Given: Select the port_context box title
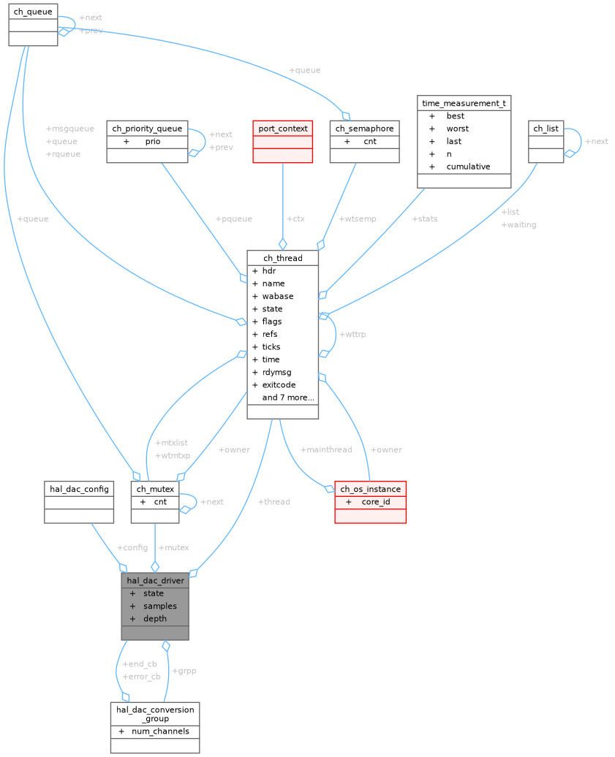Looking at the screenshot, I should click(x=282, y=129).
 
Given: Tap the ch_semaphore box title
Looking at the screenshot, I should click(x=364, y=129).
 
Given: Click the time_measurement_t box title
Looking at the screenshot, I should click(x=464, y=103).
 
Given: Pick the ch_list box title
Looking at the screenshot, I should click(x=546, y=129).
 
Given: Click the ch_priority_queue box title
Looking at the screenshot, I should click(x=147, y=129).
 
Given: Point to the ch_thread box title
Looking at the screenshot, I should click(x=282, y=258).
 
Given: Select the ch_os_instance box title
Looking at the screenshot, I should click(x=370, y=489).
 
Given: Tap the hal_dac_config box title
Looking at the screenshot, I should click(x=79, y=489).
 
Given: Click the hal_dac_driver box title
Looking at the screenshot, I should click(x=155, y=581).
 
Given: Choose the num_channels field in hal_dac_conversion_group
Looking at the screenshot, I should click(x=160, y=731).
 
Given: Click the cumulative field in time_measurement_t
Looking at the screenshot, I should click(x=468, y=167).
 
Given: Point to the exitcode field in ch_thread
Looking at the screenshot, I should click(x=279, y=385).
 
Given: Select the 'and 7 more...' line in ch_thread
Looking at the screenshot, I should click(x=288, y=397).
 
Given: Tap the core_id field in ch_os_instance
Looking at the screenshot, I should click(x=376, y=502).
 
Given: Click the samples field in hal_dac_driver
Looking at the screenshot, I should click(x=159, y=606).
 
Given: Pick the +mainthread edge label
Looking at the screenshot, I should click(x=326, y=450).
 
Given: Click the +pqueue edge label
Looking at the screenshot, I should click(x=234, y=219).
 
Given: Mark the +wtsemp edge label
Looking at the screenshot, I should click(x=358, y=219).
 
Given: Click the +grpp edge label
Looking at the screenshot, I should click(x=184, y=671).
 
